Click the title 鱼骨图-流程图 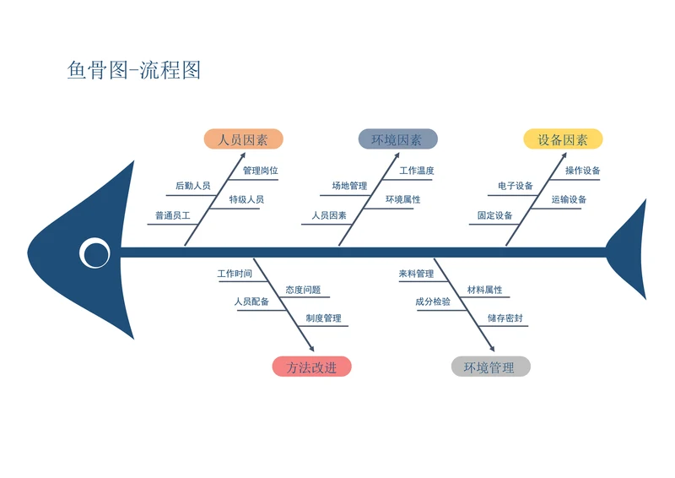134,70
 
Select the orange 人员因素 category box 243,139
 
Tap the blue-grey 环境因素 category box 397,139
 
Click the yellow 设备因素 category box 564,139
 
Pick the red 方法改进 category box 311,367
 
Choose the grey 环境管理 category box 490,367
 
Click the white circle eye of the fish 94,252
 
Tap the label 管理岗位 260,171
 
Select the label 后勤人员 192,186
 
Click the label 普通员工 172,216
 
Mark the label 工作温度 417,171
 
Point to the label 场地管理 349,186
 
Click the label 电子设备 516,186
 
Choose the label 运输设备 570,200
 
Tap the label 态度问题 303,290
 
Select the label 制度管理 324,318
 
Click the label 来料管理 416,274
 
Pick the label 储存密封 505,318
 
